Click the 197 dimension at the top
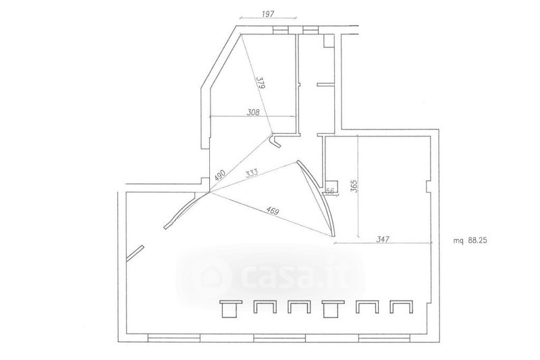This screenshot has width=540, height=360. click(x=268, y=14)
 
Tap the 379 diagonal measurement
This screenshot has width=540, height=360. click(x=261, y=82)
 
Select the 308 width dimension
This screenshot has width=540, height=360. click(x=252, y=112)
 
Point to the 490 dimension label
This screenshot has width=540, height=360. click(x=219, y=176)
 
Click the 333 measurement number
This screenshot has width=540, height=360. click(x=252, y=173)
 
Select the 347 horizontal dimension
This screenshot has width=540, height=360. click(x=383, y=238)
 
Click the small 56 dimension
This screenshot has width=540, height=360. click(x=329, y=192)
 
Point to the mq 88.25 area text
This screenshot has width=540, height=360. click(x=470, y=241)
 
